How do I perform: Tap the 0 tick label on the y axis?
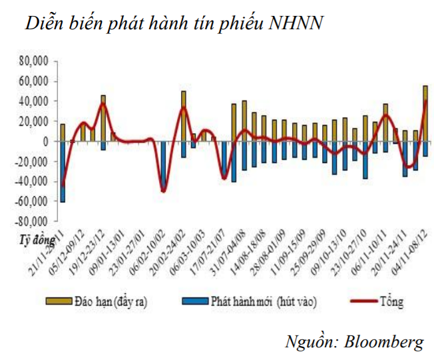tap(46, 141)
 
